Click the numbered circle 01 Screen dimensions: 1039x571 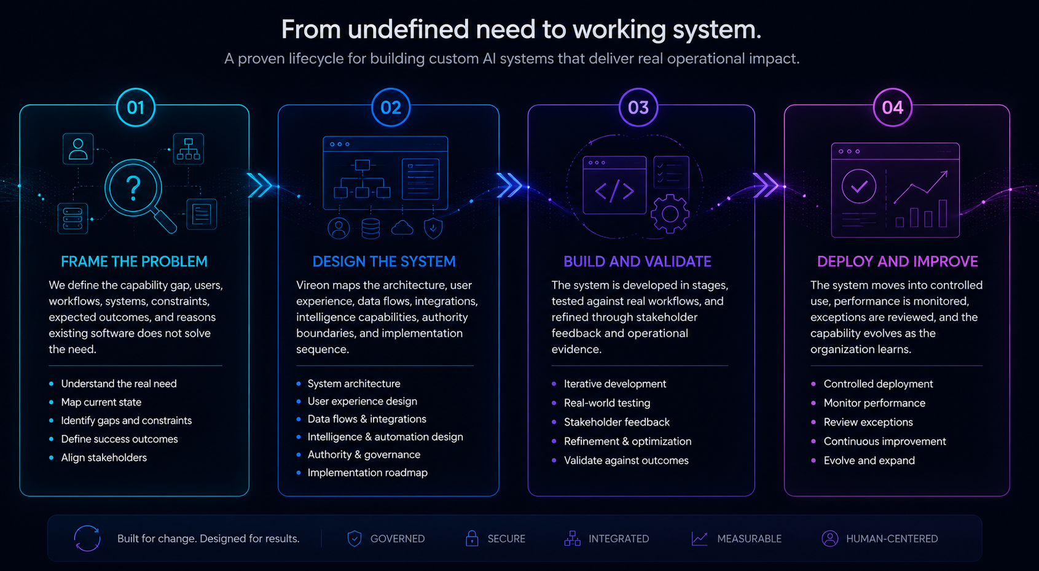(135, 107)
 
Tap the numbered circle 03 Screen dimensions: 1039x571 (638, 107)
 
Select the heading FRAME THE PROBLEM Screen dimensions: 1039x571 (134, 262)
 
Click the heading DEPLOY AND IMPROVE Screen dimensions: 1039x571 (898, 262)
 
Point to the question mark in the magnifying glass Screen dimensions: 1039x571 (133, 188)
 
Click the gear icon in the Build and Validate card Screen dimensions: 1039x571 (670, 214)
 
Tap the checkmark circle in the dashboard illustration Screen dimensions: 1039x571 (859, 186)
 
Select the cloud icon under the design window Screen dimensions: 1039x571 (402, 228)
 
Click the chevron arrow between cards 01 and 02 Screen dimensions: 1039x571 (260, 185)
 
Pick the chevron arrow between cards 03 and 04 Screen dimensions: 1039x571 (766, 185)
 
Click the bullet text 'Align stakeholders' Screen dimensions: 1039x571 (104, 457)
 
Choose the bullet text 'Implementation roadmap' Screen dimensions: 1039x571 (367, 473)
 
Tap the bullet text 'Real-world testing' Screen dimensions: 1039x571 (607, 403)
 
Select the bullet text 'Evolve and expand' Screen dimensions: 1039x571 (869, 460)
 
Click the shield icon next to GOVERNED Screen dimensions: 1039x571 (355, 538)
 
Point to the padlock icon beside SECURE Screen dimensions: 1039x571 (472, 538)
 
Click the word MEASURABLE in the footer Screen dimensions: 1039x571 (749, 538)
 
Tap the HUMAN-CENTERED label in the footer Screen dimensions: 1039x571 (892, 538)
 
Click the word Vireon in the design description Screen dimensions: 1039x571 (313, 285)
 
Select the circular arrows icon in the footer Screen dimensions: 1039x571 (87, 538)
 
